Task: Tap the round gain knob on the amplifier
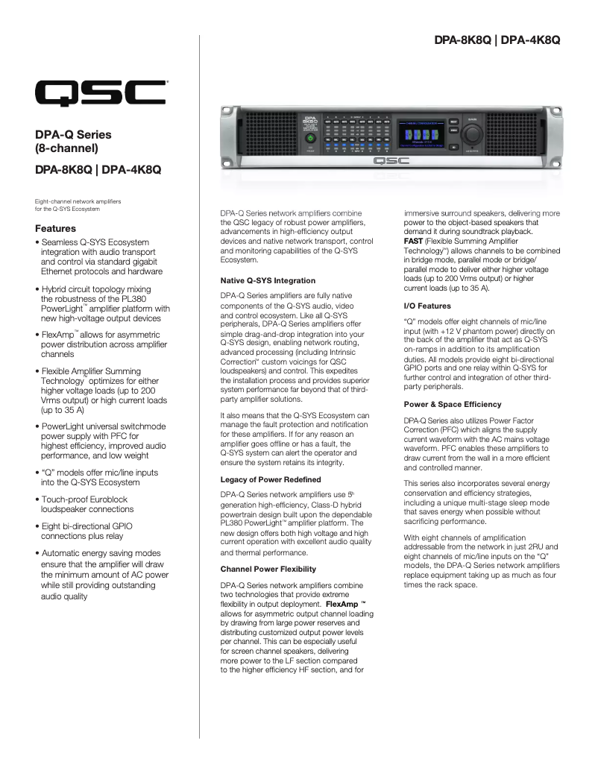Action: (x=471, y=133)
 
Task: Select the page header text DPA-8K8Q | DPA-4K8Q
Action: (x=497, y=38)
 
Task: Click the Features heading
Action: (x=56, y=228)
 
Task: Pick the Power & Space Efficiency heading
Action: (x=453, y=404)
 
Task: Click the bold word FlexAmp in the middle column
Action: (x=343, y=603)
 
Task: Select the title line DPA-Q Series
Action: (x=73, y=135)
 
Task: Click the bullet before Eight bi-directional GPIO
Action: (x=37, y=526)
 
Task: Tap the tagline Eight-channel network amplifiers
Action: (x=78, y=201)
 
